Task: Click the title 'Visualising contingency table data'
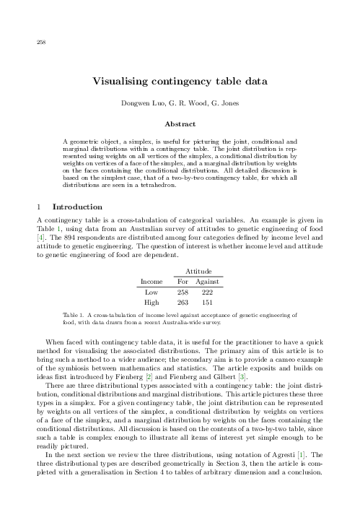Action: click(x=180, y=82)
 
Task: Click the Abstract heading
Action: click(x=180, y=124)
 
